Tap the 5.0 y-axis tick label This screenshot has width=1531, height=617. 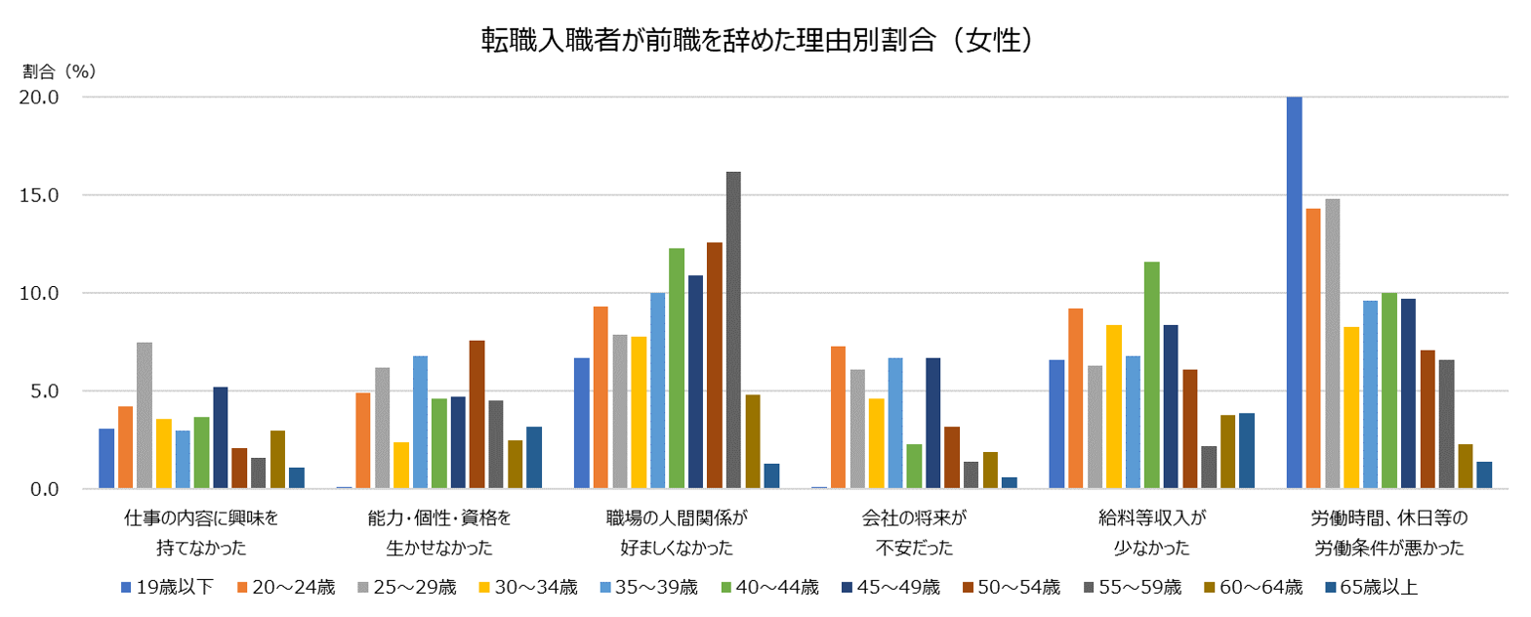(45, 391)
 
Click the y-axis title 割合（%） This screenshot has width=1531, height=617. (58, 71)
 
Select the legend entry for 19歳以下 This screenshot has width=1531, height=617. (166, 587)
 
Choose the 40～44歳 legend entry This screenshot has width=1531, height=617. (770, 587)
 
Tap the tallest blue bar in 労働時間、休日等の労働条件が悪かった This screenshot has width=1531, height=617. (1295, 293)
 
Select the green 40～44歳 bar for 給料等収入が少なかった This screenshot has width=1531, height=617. (1151, 375)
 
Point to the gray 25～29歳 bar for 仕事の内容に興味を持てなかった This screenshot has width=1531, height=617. (145, 415)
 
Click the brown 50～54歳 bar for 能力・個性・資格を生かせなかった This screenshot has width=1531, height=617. (476, 414)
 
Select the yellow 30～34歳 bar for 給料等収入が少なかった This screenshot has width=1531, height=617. (1113, 406)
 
